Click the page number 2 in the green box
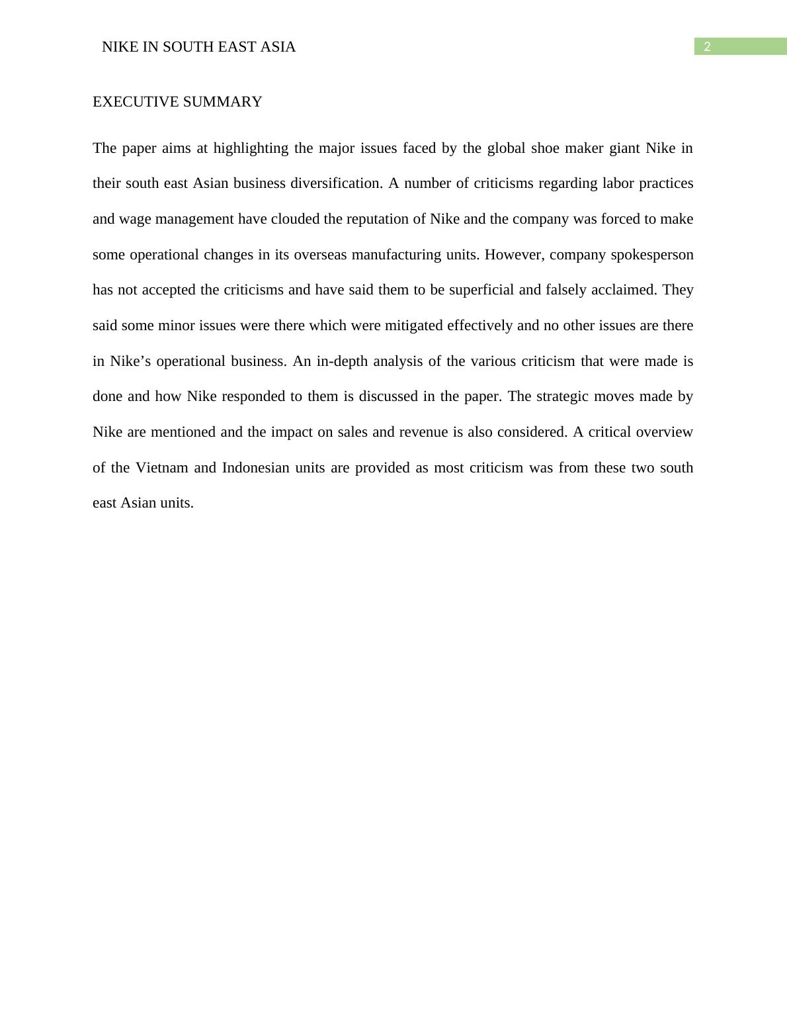point(707,47)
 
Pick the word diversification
point(336,183)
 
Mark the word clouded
point(295,219)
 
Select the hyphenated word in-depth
point(342,361)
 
